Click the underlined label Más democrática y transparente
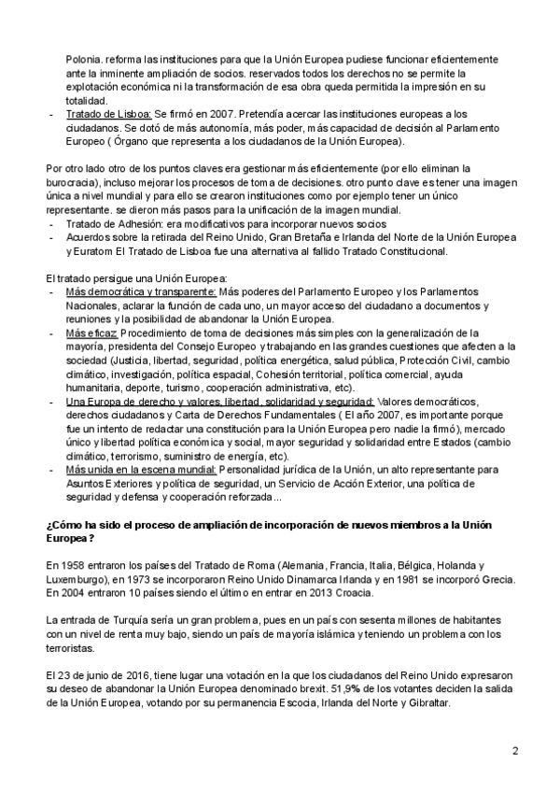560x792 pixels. click(x=140, y=291)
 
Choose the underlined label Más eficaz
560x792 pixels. click(x=91, y=332)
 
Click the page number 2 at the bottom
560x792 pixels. click(x=514, y=752)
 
